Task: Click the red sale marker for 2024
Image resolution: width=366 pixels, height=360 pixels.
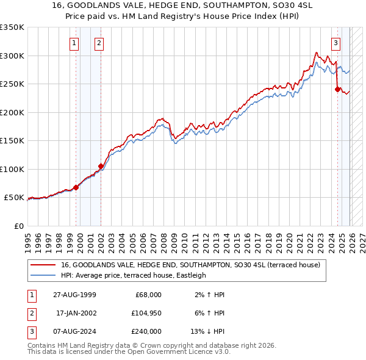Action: click(x=337, y=89)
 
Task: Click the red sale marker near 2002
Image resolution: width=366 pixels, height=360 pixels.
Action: click(x=101, y=166)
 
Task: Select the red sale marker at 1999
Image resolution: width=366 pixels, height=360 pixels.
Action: click(x=76, y=187)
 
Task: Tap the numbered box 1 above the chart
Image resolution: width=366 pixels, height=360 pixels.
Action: click(x=74, y=43)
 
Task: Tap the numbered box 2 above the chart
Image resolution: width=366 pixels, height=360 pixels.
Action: click(x=98, y=43)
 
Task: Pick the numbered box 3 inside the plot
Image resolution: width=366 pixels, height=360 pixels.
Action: click(x=335, y=43)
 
